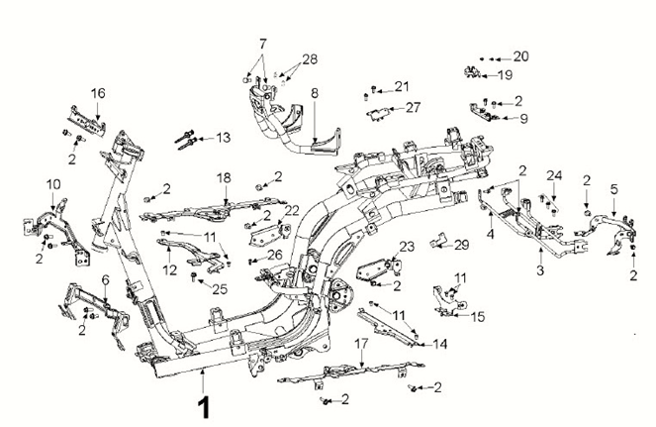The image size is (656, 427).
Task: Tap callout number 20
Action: point(520,56)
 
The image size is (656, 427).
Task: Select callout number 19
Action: point(505,74)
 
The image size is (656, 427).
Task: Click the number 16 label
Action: point(98,93)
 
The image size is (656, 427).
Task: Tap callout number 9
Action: point(523,118)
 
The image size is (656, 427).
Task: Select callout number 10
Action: point(53,183)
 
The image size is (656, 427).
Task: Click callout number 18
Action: point(224,177)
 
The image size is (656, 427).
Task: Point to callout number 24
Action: point(554,175)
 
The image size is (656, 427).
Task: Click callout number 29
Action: point(461,243)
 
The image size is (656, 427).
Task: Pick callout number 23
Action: point(407,247)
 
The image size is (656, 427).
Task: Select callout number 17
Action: point(361,343)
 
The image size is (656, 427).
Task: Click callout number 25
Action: point(220,288)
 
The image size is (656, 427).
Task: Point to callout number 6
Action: point(105,280)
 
